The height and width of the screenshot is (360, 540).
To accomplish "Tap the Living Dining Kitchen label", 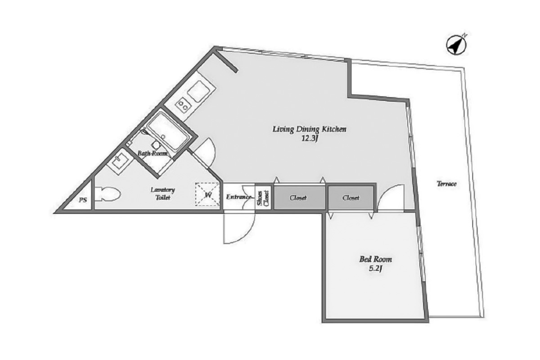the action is click(x=310, y=129).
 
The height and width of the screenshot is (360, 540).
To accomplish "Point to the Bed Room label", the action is click(x=376, y=259).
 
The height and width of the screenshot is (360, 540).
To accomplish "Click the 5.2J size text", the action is click(x=376, y=268).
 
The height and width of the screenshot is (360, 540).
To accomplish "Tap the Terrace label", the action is click(x=446, y=184).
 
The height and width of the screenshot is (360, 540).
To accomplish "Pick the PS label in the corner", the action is click(x=83, y=200).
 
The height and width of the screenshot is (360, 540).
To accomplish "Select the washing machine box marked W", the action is click(x=207, y=194).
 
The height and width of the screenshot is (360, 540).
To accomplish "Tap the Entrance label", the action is click(x=238, y=197).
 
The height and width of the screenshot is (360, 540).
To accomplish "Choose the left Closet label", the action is click(x=298, y=198).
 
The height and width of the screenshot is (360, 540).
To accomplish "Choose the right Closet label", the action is click(x=351, y=198).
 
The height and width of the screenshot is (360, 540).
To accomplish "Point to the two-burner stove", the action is click(x=183, y=105).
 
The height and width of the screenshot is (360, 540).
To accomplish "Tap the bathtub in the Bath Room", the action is click(x=168, y=131).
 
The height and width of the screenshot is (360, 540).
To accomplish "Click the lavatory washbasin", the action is click(x=120, y=161).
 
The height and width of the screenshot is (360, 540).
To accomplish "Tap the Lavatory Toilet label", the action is click(x=163, y=193).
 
